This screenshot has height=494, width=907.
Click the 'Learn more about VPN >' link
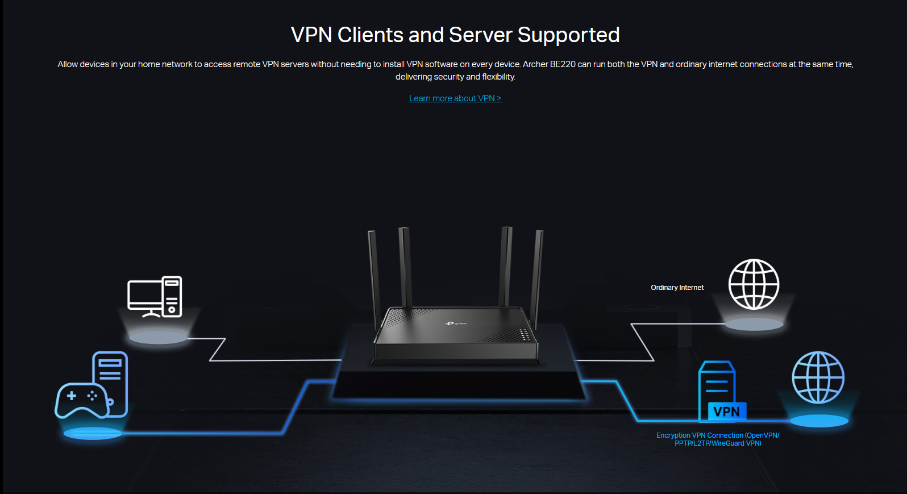click(x=455, y=98)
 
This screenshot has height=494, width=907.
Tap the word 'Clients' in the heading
click(x=371, y=35)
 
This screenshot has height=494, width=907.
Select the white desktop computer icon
click(x=155, y=297)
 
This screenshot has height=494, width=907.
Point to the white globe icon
click(x=754, y=284)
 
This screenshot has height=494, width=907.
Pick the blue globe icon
click(x=818, y=377)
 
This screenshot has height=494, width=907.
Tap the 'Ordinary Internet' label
click(x=677, y=288)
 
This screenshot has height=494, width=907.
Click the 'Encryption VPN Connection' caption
click(x=718, y=439)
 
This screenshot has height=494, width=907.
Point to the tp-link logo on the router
click(x=456, y=323)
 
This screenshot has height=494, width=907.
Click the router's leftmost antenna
click(x=373, y=273)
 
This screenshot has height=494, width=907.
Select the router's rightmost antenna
click(x=536, y=273)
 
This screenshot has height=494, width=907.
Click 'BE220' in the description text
click(x=563, y=64)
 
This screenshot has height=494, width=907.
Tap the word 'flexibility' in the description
click(x=498, y=77)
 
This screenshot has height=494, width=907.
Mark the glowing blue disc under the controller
click(x=93, y=434)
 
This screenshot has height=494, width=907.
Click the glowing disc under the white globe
click(x=754, y=325)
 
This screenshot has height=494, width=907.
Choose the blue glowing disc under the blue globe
click(x=819, y=421)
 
